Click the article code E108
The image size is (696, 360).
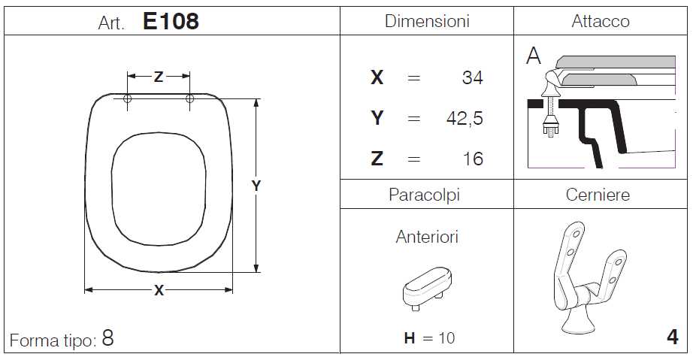[x=171, y=21]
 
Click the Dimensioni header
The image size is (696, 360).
[x=427, y=21]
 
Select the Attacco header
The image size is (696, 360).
[x=600, y=21]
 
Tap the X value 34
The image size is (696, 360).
[x=472, y=78]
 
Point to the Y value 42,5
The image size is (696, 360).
[x=465, y=119]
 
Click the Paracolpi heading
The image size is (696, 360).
[x=424, y=195]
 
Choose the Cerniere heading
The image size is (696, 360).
[x=598, y=195]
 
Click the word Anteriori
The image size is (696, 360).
[x=427, y=237]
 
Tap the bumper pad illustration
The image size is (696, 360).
[x=427, y=288]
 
